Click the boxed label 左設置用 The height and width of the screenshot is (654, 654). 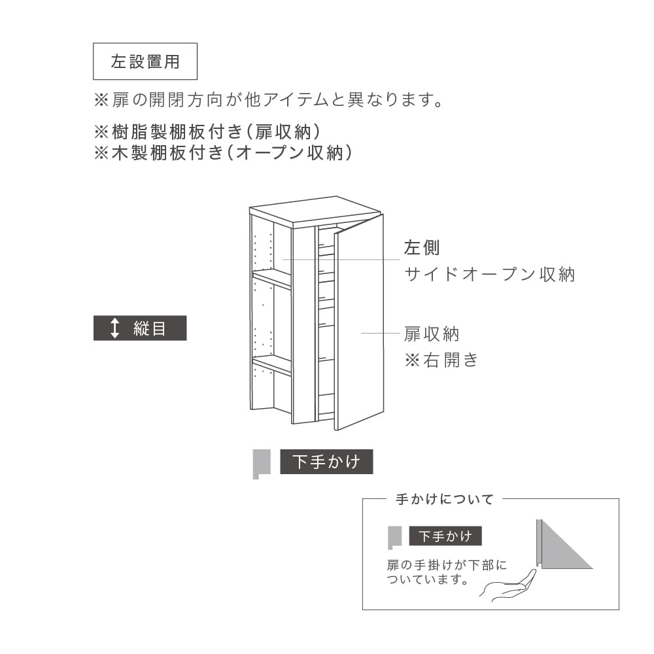click(x=145, y=61)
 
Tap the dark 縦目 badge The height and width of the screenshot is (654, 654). click(x=140, y=328)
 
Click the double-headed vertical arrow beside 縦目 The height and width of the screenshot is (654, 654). click(x=114, y=328)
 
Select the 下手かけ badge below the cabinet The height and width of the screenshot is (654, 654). click(x=326, y=462)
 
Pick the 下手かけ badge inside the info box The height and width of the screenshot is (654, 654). click(x=445, y=536)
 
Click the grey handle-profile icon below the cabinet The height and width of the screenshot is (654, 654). click(x=262, y=464)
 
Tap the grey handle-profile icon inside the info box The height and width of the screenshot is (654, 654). click(x=394, y=538)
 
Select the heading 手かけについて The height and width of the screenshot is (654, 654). click(x=445, y=499)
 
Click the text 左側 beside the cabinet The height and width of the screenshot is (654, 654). click(x=422, y=248)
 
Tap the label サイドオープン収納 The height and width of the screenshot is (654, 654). click(x=490, y=275)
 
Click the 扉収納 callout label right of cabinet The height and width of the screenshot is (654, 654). click(x=431, y=334)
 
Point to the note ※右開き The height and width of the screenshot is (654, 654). click(x=441, y=360)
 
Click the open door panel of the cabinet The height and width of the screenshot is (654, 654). click(x=358, y=322)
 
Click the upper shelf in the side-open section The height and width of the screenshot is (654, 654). click(x=272, y=278)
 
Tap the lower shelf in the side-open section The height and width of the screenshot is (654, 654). click(x=272, y=364)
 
